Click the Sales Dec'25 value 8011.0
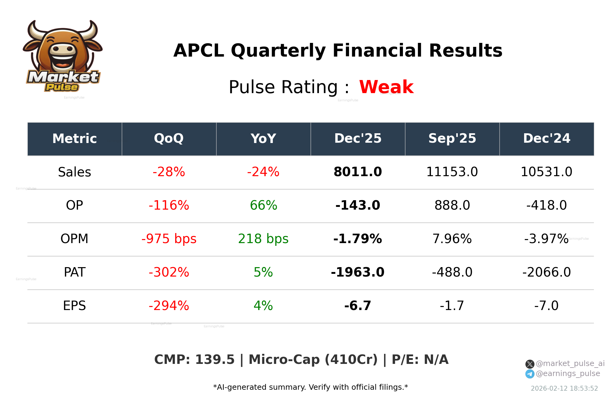point(358,172)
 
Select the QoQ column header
point(169,139)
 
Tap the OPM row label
point(74,239)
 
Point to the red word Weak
point(386,87)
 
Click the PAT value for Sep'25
point(452,272)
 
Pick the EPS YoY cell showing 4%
point(263,306)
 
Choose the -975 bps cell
point(169,239)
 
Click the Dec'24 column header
point(546,139)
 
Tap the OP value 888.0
point(452,205)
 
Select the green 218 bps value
point(263,239)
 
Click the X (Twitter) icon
point(530,364)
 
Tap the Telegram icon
point(530,374)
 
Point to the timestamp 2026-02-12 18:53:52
point(564,389)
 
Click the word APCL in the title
point(199,51)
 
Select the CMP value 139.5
point(215,360)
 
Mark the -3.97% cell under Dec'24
point(546,239)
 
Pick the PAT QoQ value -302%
point(169,272)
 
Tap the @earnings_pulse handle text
point(568,374)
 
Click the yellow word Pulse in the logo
point(62,87)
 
